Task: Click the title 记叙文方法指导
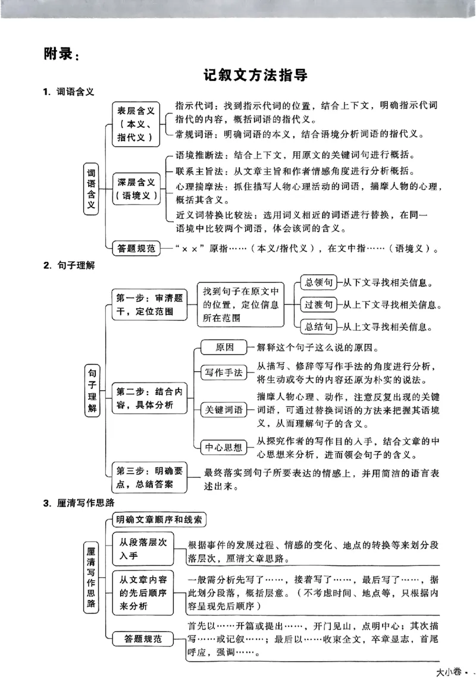coord(255,76)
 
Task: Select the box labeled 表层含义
coord(136,124)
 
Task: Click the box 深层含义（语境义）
coord(136,189)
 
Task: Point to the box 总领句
coord(318,283)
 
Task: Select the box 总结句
coord(318,327)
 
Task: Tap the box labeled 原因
coord(224,347)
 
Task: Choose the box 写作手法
coord(224,372)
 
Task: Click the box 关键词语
coord(224,410)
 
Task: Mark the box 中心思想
coord(224,447)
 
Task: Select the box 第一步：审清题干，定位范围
coord(149,305)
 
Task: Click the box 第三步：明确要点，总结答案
coord(149,477)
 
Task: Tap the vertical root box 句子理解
coord(92,390)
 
